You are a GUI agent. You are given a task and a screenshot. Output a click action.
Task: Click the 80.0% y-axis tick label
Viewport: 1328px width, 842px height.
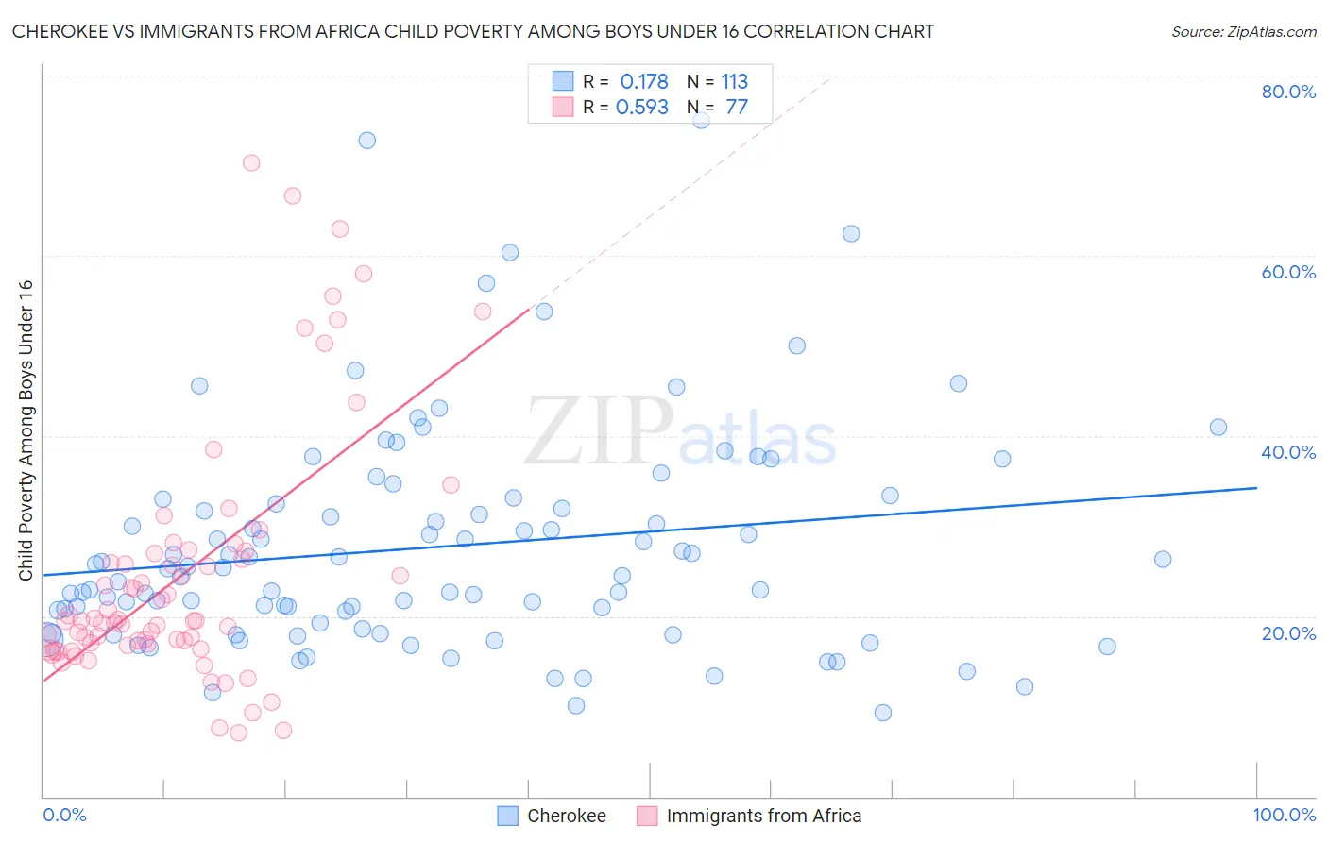(x=1288, y=92)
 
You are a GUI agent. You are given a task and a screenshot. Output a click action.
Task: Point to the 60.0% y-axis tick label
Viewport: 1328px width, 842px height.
(x=1288, y=272)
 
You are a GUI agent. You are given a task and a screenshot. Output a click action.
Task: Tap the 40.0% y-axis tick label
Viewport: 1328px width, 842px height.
(x=1288, y=452)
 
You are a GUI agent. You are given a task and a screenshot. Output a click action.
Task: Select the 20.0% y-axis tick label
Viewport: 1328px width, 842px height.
(x=1288, y=633)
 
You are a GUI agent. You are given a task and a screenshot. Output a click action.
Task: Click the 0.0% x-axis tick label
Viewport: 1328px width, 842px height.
(x=64, y=815)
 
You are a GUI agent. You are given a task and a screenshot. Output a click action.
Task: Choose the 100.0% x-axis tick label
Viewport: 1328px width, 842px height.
(x=1284, y=815)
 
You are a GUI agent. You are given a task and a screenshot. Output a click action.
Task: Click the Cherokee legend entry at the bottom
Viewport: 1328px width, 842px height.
(x=566, y=816)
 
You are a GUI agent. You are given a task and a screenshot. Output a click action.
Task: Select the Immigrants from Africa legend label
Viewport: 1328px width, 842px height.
(x=763, y=816)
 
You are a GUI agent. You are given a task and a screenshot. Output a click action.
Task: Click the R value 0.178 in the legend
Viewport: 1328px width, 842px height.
(x=644, y=82)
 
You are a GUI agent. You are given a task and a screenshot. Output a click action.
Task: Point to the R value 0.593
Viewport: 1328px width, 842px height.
(x=642, y=108)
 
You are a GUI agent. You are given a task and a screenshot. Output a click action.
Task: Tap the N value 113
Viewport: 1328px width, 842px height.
(x=735, y=82)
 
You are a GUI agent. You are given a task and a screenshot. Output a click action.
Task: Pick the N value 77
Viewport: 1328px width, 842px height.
(x=737, y=108)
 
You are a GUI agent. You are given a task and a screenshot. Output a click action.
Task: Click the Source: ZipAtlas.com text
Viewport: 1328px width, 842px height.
(x=1243, y=32)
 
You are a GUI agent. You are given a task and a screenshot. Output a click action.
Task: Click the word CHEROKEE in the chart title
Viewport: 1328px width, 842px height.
(x=59, y=32)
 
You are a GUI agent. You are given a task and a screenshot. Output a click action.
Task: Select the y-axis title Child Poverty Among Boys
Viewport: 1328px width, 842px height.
(x=26, y=430)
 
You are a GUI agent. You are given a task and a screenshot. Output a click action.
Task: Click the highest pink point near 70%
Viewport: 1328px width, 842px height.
(x=251, y=162)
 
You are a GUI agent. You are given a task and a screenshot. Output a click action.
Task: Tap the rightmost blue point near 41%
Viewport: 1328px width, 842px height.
(x=1218, y=428)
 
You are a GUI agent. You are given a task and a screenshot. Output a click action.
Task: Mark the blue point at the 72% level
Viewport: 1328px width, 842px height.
(x=366, y=141)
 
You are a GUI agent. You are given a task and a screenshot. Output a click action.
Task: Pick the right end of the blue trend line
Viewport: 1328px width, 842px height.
(x=1256, y=488)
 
